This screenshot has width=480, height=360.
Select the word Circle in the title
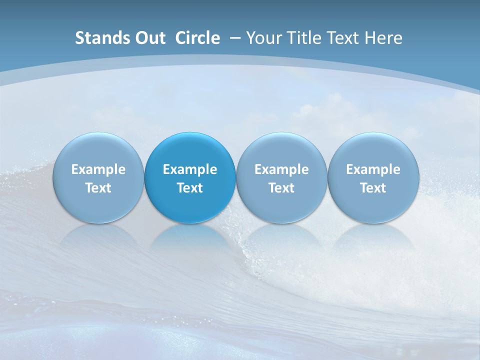pyautogui.click(x=197, y=38)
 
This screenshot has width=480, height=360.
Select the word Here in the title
pyautogui.click(x=383, y=38)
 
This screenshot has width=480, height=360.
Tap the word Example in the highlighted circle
pyautogui.click(x=190, y=169)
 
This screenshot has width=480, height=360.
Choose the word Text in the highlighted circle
pyautogui.click(x=190, y=188)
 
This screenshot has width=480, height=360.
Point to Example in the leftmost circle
pyautogui.click(x=98, y=169)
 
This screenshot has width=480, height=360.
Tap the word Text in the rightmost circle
pyautogui.click(x=373, y=188)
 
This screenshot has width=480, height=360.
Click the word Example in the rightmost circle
pyautogui.click(x=373, y=169)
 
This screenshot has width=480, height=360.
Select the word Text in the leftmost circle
pyautogui.click(x=98, y=188)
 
